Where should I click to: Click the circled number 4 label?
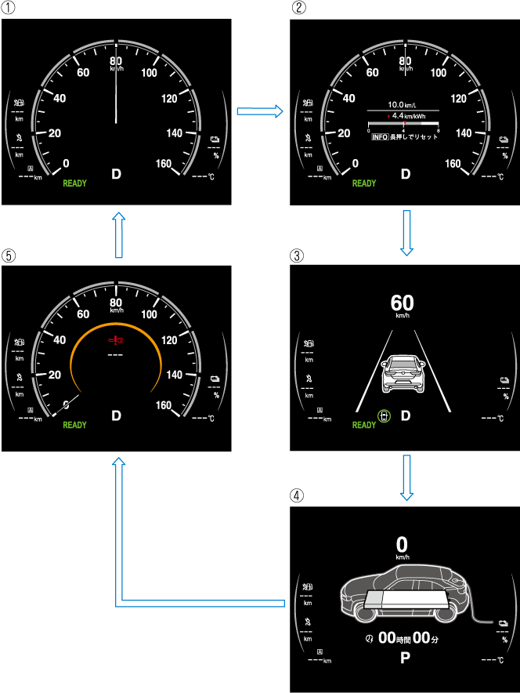(296, 495)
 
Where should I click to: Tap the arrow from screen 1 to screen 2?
(258, 113)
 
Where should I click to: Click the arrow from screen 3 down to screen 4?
(405, 476)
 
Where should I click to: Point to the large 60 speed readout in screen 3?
(403, 302)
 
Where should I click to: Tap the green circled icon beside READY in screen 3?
(383, 415)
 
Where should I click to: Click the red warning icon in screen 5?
(116, 341)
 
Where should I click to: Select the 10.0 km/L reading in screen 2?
(404, 103)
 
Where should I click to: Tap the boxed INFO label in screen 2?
(380, 136)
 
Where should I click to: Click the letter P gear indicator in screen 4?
(405, 658)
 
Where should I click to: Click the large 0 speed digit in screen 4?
(403, 543)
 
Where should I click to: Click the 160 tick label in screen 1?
(164, 163)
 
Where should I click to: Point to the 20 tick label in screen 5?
(54, 375)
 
